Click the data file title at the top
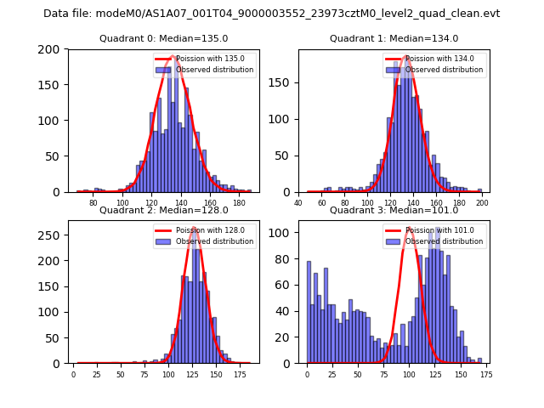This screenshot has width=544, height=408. (272, 14)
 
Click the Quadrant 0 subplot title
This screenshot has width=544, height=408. (164, 38)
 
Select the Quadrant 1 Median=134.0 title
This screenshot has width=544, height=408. (394, 38)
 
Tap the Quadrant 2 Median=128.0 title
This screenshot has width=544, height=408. (164, 210)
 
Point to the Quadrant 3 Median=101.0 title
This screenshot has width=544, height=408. (394, 210)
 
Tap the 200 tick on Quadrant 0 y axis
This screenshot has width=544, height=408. (53, 49)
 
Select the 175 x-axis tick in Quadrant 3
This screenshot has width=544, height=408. (485, 374)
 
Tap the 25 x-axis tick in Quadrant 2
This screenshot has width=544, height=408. (97, 374)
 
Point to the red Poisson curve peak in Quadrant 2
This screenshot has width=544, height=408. (195, 228)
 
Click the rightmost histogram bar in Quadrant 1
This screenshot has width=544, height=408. (479, 190)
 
